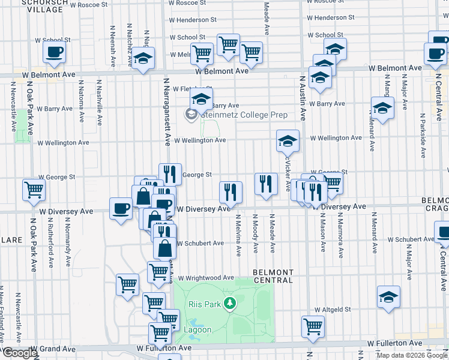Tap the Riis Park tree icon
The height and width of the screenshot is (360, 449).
tap(229, 304)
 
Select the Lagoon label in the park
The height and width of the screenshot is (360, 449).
tap(197, 329)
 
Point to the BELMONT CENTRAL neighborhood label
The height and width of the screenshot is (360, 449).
tap(273, 276)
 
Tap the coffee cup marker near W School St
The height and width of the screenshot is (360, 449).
tap(54, 53)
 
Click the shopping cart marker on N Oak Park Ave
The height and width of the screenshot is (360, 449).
tap(34, 190)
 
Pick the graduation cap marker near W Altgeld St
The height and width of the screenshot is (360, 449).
tap(388, 296)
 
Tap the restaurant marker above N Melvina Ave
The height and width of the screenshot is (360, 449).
tap(231, 191)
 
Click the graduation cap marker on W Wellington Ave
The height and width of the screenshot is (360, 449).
tap(288, 140)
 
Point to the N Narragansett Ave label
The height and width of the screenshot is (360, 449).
tap(166, 111)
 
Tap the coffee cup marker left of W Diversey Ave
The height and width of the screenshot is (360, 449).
tap(121, 208)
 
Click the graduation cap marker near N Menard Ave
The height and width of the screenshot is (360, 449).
tap(382, 107)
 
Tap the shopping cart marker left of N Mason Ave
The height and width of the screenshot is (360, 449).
tap(313, 326)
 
